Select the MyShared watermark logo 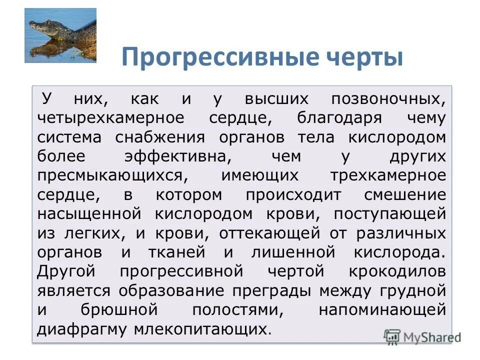click(422, 336)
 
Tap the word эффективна click(177, 157)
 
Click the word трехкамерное click(387, 176)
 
